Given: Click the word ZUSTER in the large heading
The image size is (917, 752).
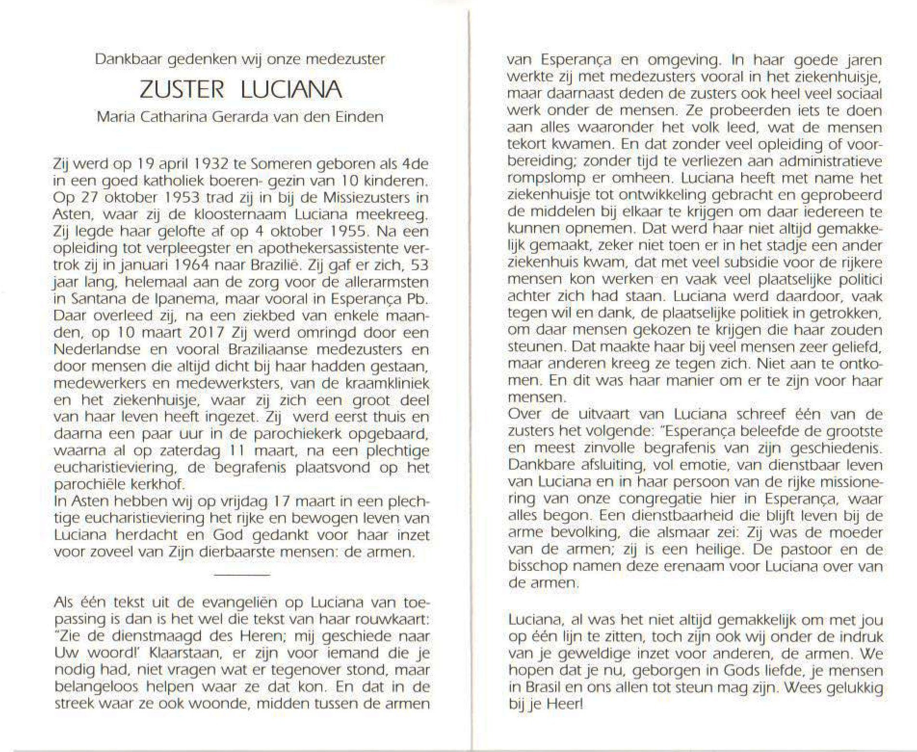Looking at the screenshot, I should [182, 90].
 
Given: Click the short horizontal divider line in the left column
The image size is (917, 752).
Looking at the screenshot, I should [241, 575].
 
